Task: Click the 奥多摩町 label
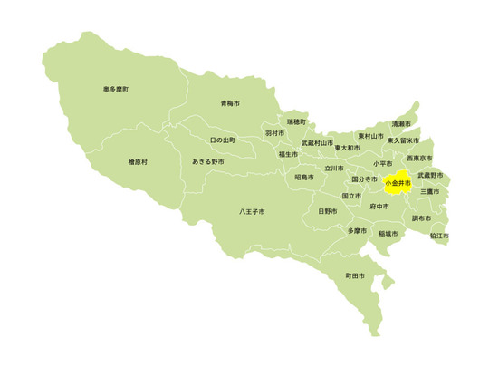coord(115,90)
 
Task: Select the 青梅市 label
coord(230,104)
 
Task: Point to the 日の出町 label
coord(222,140)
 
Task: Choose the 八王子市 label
coord(252,212)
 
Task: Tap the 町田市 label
coord(355,275)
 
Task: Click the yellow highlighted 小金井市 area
coord(398,183)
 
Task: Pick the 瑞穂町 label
coord(296,121)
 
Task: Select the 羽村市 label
coord(275,133)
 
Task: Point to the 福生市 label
coord(289,155)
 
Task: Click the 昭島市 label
coord(304,178)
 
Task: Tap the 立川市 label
coord(334,168)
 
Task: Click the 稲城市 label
coord(388,233)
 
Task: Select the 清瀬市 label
coord(401,124)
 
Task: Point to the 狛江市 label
coord(438,236)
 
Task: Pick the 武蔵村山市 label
coord(317,143)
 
